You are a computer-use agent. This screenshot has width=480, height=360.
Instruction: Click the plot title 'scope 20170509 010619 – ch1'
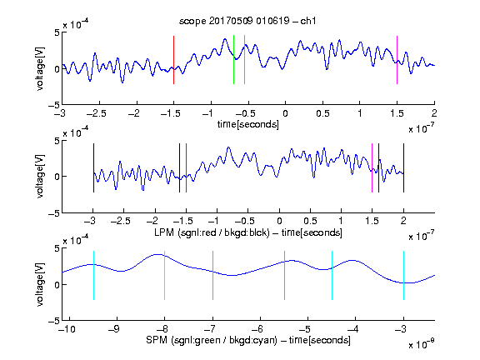[247, 21]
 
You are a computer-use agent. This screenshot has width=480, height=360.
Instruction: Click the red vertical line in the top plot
[173, 60]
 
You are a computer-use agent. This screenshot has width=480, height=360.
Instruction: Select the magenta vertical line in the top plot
[397, 60]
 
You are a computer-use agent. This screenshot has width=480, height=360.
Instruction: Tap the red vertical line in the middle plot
[186, 167]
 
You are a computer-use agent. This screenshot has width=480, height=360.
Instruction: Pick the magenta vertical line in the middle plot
[372, 167]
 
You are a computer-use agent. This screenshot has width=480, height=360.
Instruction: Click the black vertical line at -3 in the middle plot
[93, 167]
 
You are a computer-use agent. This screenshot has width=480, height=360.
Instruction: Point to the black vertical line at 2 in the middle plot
[403, 167]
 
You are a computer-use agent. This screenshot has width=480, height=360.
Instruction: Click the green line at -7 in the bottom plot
[212, 275]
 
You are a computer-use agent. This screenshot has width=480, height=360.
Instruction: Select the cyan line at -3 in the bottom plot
[403, 275]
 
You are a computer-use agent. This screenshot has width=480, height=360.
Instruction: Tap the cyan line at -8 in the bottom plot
[164, 275]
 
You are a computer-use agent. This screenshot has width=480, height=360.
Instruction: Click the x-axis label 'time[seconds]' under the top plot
[248, 124]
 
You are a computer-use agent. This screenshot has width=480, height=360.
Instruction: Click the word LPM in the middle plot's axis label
[164, 232]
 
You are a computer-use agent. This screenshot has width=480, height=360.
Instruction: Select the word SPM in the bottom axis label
[157, 340]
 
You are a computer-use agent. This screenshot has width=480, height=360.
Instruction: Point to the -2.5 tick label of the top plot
[96, 113]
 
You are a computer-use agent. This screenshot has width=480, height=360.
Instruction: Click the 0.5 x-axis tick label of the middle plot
[310, 221]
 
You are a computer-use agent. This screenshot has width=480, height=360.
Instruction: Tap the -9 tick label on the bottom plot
[114, 329]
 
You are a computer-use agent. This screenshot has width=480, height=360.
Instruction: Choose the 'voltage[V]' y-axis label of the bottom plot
[40, 284]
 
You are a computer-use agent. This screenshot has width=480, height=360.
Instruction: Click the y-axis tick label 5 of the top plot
[57, 32]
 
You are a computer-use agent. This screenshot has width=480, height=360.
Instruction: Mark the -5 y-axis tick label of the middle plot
[54, 213]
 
